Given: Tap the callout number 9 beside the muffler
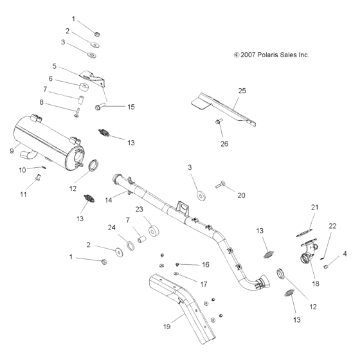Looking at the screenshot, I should click(x=12, y=151).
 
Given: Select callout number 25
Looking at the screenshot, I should click(x=241, y=91).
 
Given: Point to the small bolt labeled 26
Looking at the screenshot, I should click(x=219, y=121).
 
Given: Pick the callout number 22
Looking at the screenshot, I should click(x=332, y=226).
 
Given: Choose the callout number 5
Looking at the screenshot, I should click(x=55, y=66).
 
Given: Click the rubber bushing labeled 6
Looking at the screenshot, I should click(x=82, y=87).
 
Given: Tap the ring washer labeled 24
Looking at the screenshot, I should click(x=131, y=245).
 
